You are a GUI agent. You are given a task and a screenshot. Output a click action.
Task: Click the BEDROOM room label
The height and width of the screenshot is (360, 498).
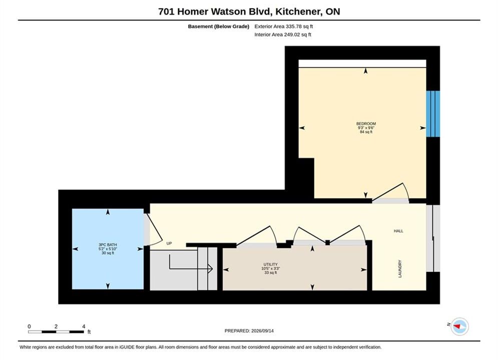[366, 123]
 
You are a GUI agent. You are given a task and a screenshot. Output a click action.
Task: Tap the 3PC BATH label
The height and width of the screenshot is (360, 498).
[108, 245]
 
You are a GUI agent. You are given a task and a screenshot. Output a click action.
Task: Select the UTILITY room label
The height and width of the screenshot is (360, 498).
[271, 264]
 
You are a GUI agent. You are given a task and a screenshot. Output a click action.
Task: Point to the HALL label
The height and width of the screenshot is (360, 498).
[398, 231]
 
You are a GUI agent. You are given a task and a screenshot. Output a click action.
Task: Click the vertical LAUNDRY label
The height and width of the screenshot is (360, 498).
[400, 269]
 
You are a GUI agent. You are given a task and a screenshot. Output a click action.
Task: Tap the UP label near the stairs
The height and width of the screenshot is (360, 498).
[169, 243]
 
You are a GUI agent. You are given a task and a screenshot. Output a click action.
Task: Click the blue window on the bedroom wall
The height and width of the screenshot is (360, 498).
[433, 114]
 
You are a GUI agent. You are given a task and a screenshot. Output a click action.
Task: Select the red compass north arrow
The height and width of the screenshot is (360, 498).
[457, 326]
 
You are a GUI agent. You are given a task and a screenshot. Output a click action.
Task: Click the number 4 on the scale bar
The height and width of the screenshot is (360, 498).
[84, 326]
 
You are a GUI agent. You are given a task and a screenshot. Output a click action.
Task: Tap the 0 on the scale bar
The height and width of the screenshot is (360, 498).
[29, 326]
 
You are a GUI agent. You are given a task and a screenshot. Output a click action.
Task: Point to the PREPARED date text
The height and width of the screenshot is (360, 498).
[249, 331]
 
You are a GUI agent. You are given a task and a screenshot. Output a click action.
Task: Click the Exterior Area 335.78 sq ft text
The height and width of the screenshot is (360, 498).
[284, 26]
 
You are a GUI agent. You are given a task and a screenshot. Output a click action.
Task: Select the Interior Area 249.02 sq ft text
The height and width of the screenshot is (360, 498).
[283, 34]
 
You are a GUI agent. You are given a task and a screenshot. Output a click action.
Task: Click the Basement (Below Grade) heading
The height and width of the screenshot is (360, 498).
[219, 26]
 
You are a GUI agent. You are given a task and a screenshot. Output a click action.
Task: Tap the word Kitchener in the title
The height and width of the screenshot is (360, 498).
[299, 11]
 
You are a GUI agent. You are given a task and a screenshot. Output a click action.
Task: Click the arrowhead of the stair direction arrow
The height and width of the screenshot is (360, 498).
[210, 269]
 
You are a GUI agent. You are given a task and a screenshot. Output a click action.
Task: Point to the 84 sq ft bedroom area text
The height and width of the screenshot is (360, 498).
[366, 132]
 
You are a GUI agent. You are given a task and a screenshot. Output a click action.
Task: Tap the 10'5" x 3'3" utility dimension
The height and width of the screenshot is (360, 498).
[271, 268]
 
